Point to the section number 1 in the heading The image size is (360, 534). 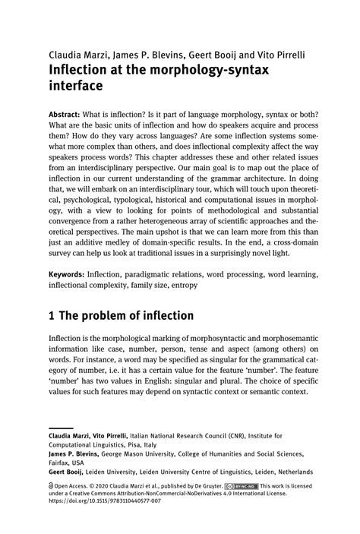coord(52,315)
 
